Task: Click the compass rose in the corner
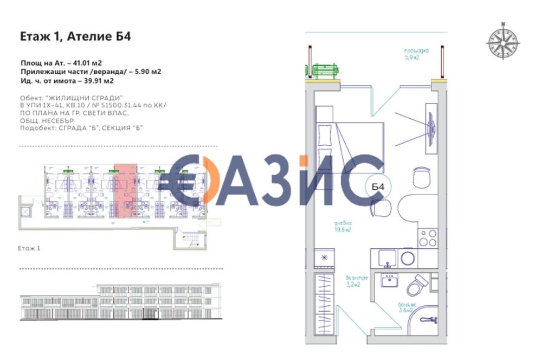(502, 41)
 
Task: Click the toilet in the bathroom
(417, 284)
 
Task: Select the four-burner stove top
(428, 236)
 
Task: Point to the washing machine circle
(408, 258)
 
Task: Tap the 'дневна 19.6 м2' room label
(343, 226)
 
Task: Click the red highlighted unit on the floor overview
(125, 190)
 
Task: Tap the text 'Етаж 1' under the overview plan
(30, 248)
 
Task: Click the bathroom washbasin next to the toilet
(389, 281)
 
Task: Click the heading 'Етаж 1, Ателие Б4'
(75, 37)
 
